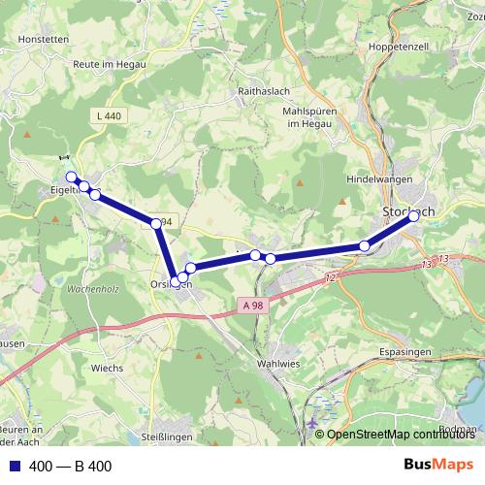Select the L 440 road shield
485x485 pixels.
point(109,115)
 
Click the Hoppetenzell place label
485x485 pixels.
point(393,47)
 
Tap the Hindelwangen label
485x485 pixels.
point(379,179)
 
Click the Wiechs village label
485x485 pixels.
point(108,368)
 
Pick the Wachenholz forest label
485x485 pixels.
point(92,289)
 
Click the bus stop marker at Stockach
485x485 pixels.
point(413,216)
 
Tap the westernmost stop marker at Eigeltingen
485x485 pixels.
point(71,177)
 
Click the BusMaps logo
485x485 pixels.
point(437,465)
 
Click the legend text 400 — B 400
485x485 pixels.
point(71,466)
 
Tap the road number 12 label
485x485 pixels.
point(330,278)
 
